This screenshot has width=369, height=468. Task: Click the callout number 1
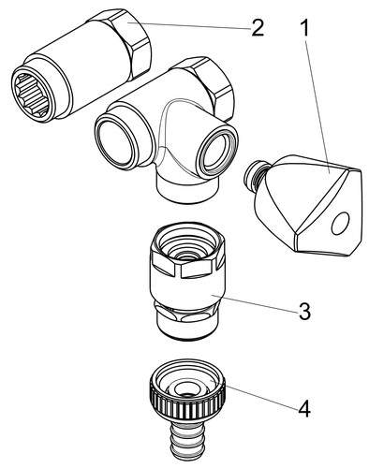click(x=304, y=27)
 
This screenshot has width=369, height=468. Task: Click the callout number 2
click(x=258, y=28)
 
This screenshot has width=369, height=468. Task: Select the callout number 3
click(x=304, y=311)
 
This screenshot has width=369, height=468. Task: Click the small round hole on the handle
click(x=340, y=224)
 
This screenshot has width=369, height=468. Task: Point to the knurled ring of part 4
click(x=187, y=393)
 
